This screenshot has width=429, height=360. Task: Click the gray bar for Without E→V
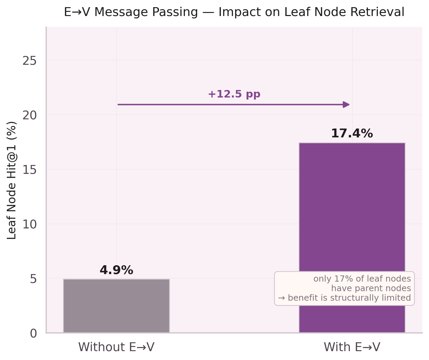point(116,306)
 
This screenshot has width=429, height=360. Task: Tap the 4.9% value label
point(116,270)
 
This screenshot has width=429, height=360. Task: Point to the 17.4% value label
point(352,134)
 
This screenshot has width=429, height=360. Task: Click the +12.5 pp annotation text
point(234,94)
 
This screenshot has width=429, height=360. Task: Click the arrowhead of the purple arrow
point(346,105)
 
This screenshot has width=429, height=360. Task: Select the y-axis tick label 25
point(29,61)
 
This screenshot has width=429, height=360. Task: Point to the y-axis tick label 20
point(29,116)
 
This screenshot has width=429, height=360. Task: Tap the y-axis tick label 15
point(29,170)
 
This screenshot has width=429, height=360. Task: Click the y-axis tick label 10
point(29,225)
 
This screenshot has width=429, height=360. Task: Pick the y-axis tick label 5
point(33,279)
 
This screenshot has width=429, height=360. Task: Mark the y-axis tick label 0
point(33,333)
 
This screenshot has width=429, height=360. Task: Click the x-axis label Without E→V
point(116,347)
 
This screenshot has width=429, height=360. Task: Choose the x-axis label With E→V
point(352,347)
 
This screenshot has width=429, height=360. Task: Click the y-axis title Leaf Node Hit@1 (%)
point(12,180)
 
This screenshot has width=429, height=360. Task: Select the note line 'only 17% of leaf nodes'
point(362,279)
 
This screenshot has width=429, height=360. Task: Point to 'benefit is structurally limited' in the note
point(349,298)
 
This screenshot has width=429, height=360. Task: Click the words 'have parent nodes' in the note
point(371,288)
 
